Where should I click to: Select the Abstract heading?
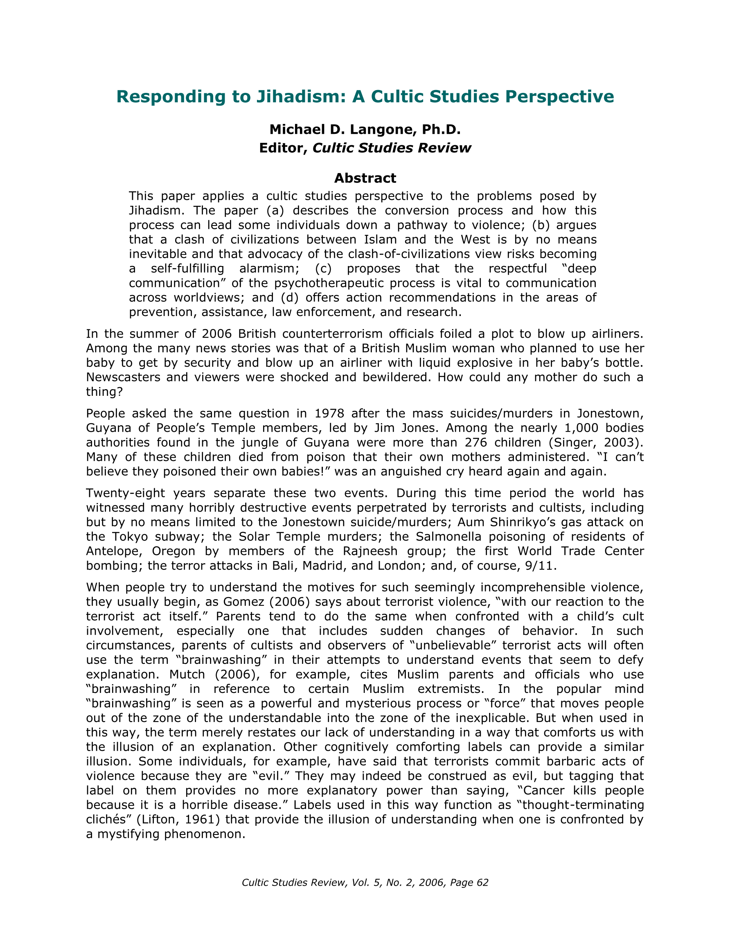pyautogui.click(x=365, y=178)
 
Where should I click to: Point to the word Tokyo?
pyautogui.click(x=130, y=537)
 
